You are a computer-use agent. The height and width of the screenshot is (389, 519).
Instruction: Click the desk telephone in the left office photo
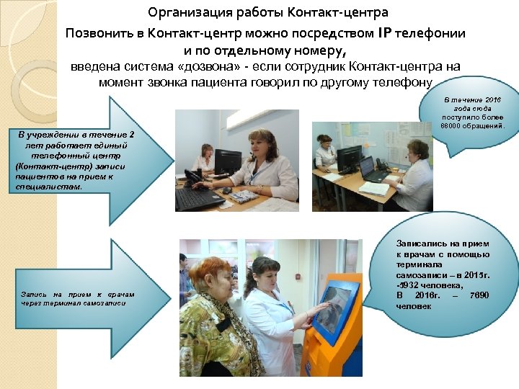click(x=192, y=176)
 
